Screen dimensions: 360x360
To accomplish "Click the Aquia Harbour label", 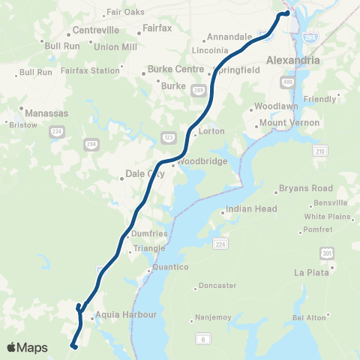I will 125,315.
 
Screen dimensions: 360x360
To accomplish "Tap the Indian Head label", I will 252,208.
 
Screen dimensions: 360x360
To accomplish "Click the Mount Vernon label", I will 289,122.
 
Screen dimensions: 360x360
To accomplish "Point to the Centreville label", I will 95,30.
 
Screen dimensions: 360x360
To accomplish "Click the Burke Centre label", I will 176,69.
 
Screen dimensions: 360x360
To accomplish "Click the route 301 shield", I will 326,254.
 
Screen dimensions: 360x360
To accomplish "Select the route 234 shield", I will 55,131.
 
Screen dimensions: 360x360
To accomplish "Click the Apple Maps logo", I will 26,347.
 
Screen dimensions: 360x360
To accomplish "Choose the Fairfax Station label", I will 90,70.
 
